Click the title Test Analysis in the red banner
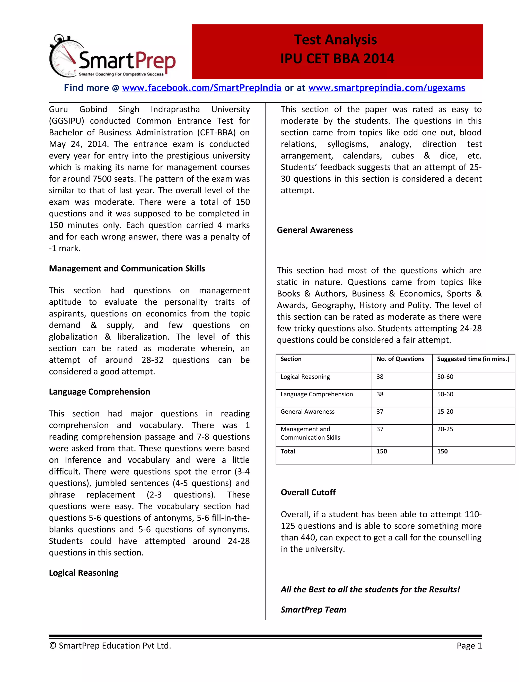(x=335, y=40)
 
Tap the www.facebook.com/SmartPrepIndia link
(x=202, y=88)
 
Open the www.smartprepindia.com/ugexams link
(x=387, y=88)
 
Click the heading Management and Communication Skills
(x=127, y=268)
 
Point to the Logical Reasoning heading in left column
(x=83, y=572)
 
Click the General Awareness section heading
(x=315, y=230)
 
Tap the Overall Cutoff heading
(x=308, y=492)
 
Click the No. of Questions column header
(x=400, y=359)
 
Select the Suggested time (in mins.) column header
(x=473, y=359)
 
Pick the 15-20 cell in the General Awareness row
(x=445, y=411)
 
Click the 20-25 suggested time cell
(x=445, y=429)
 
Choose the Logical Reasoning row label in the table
(x=305, y=376)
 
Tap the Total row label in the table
(x=287, y=451)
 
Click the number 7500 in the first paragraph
(x=102, y=179)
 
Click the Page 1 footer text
(x=469, y=645)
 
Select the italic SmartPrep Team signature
(x=313, y=609)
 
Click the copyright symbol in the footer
(x=52, y=645)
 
